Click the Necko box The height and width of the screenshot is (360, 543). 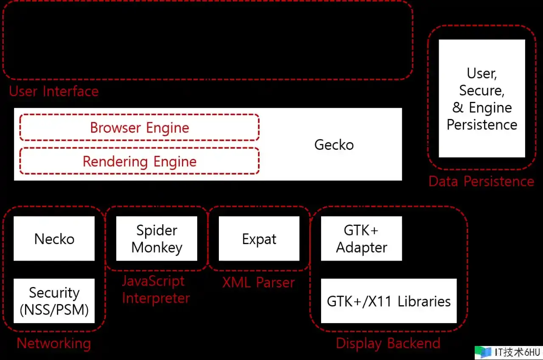(x=54, y=239)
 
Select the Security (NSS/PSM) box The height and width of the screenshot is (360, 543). (x=54, y=301)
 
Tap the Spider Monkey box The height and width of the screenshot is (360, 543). (x=157, y=239)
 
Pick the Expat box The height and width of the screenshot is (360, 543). (x=259, y=239)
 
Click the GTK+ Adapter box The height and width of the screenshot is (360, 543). (x=361, y=239)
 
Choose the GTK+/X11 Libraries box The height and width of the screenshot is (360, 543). (x=389, y=301)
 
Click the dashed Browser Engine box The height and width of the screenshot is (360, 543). (x=140, y=127)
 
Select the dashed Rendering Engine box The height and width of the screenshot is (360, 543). (x=140, y=161)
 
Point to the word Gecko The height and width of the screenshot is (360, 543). (x=334, y=145)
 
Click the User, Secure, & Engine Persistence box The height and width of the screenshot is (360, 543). (x=482, y=98)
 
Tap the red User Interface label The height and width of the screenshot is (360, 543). (x=54, y=91)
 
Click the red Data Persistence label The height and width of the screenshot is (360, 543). (x=481, y=181)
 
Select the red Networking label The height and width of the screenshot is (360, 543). (x=54, y=343)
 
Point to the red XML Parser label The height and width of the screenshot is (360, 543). (x=258, y=282)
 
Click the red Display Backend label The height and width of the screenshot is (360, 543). (x=388, y=343)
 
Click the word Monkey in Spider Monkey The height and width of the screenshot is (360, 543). (x=157, y=247)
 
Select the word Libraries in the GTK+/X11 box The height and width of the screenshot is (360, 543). (x=424, y=301)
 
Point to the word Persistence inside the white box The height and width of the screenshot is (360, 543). (x=482, y=125)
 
